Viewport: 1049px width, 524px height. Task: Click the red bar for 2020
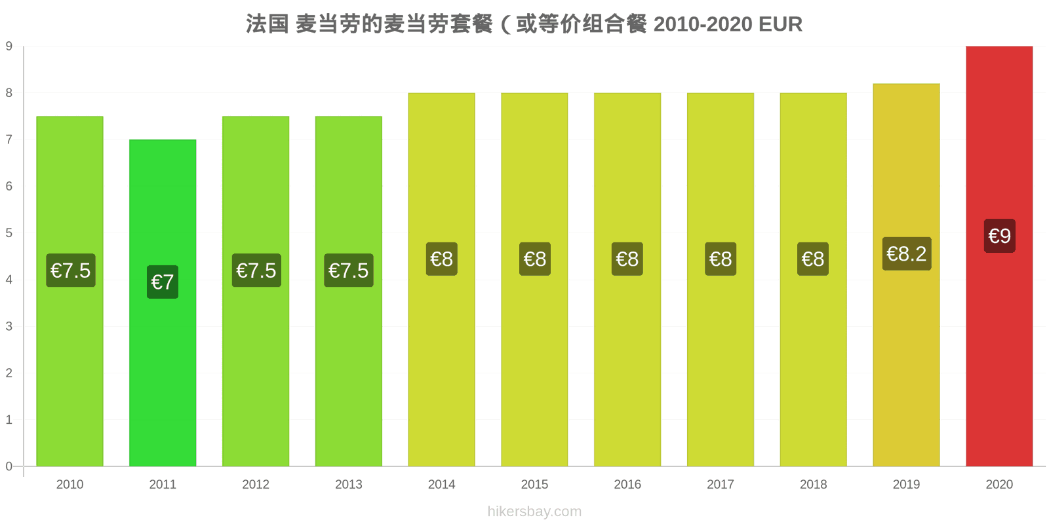999,256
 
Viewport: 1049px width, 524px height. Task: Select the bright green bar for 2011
163,303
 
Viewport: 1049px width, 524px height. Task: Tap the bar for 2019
906,275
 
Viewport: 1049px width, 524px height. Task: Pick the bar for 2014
441,279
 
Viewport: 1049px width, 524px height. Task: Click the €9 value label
999,236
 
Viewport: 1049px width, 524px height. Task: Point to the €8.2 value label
907,254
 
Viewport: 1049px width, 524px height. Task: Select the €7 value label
163,282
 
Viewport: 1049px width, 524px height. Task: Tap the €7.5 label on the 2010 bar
71,271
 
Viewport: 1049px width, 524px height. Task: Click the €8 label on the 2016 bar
627,259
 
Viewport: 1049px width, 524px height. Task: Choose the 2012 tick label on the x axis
256,484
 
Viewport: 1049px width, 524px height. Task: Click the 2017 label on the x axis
721,484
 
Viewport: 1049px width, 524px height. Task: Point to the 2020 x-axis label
999,484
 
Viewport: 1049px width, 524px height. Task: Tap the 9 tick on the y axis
9,46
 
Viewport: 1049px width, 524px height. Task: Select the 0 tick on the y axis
9,466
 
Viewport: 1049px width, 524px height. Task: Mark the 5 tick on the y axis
9,233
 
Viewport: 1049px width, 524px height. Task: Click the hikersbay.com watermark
534,512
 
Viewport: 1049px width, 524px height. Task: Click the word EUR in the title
780,24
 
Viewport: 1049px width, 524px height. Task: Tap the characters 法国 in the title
267,24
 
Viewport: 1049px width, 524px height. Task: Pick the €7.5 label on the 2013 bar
349,271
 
